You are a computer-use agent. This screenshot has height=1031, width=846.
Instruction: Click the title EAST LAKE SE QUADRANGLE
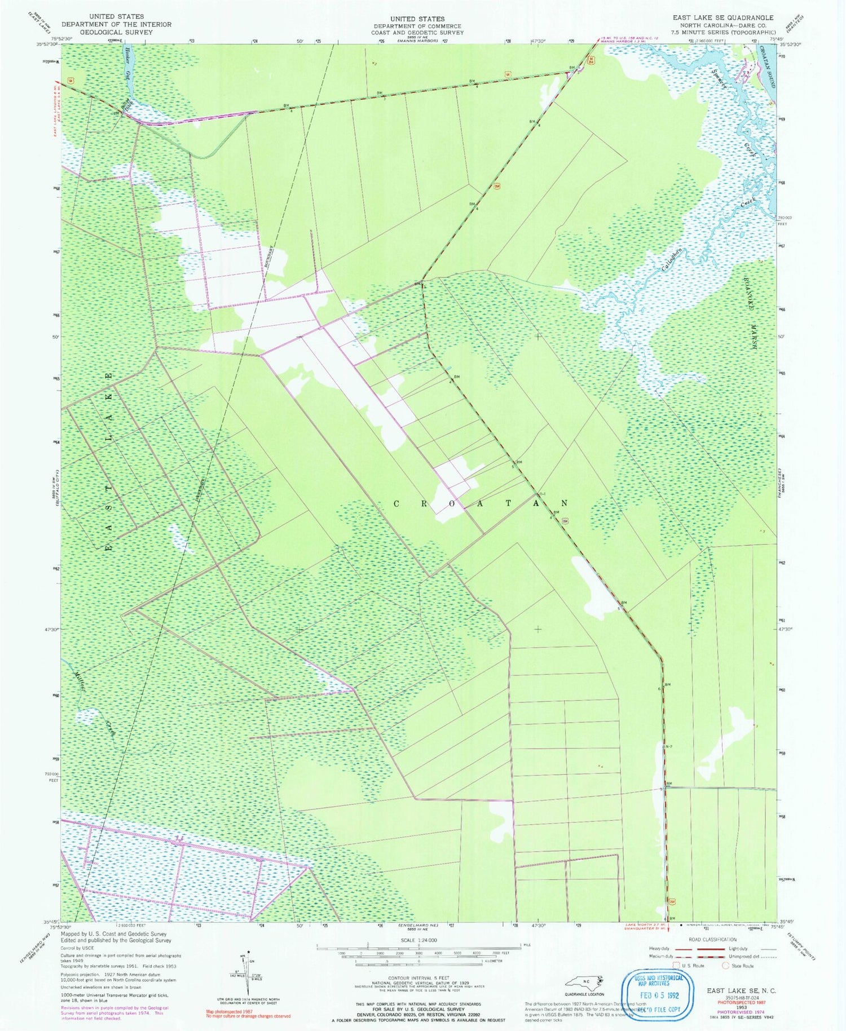click(x=722, y=18)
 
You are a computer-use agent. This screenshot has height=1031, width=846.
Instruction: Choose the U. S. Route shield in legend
click(x=676, y=965)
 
